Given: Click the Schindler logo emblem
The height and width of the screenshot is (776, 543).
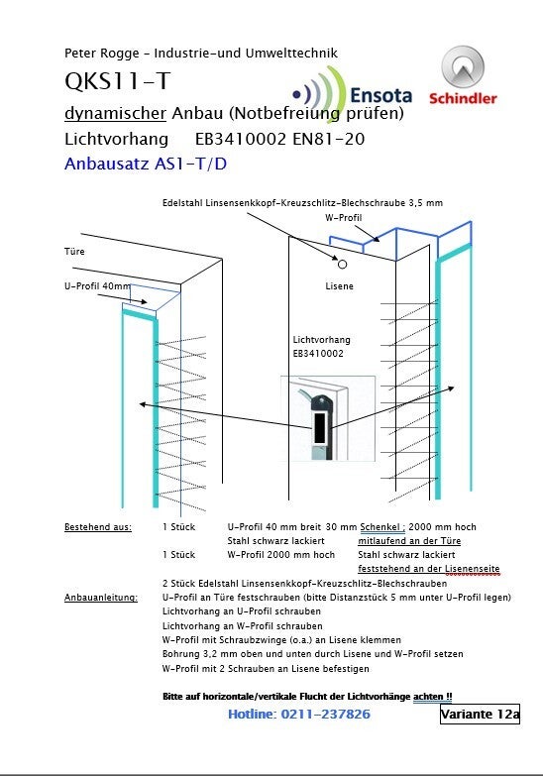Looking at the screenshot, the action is [463, 66].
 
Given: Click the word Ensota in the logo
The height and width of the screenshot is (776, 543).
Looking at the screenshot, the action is [380, 95].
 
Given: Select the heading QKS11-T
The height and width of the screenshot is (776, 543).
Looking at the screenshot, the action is [118, 81].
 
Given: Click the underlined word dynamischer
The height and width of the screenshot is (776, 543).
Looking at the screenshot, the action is [115, 113].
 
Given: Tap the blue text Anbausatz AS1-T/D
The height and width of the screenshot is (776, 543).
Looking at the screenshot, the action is [146, 164].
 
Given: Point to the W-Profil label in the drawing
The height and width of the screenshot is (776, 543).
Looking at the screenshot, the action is [344, 217].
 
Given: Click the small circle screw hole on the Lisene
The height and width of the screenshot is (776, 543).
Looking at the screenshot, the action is [342, 265].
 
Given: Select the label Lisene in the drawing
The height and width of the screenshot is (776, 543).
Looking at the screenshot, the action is [339, 286].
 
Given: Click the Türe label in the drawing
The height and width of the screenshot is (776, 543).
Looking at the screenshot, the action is [74, 252].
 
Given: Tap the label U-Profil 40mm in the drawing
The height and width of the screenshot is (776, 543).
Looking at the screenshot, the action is [97, 286].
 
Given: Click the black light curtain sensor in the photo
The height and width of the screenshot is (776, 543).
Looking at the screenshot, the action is [320, 426].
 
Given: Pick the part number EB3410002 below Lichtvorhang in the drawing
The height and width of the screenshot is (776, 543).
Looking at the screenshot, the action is [318, 354].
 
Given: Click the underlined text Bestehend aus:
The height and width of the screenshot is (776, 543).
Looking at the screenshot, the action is [98, 527].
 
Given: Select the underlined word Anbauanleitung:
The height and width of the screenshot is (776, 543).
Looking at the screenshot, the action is [101, 598].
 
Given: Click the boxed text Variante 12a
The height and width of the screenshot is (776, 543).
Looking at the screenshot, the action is [480, 714].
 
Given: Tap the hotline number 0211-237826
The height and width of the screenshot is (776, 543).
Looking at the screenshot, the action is [326, 714].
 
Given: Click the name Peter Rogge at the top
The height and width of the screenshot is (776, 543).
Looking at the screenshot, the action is [101, 54].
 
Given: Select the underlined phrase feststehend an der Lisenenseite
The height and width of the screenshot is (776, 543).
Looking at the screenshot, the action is [429, 569].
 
